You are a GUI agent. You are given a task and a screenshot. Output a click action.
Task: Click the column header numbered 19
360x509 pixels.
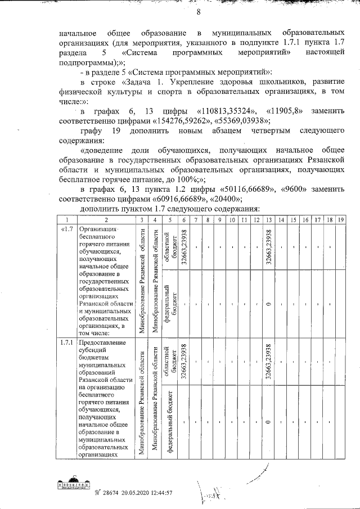(x=340, y=219)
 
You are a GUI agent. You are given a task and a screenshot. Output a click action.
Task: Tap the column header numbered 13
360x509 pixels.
(x=269, y=219)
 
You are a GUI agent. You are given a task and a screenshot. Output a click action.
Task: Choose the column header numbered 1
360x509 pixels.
(x=66, y=219)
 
